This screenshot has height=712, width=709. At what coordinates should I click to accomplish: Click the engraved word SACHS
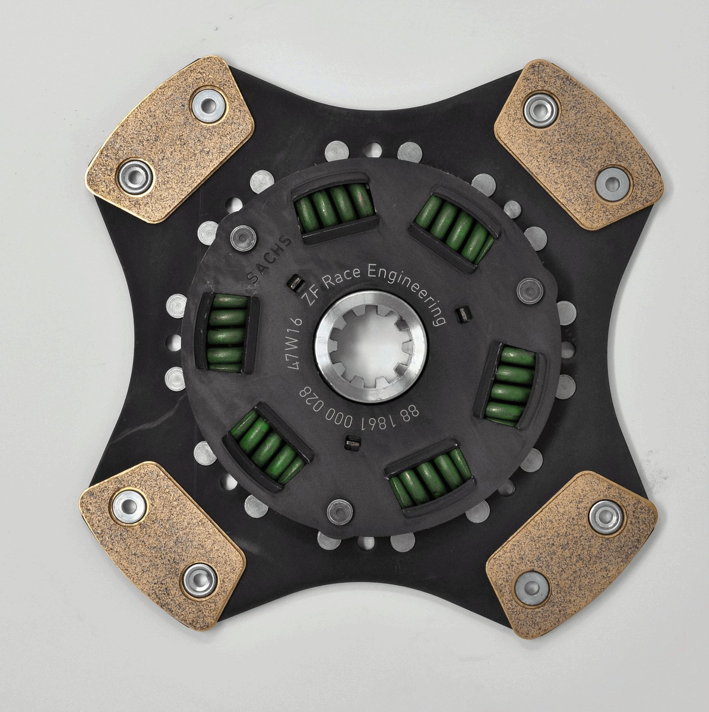point(269,260)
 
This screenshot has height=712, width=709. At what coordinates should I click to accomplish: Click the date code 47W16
point(295,345)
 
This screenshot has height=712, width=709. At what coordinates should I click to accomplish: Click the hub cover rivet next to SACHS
point(242,239)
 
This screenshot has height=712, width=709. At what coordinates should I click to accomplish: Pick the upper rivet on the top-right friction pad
point(539,109)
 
